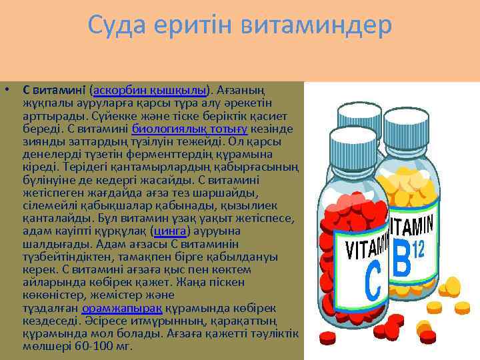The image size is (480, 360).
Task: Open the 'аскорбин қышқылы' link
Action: pos(151,89)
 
